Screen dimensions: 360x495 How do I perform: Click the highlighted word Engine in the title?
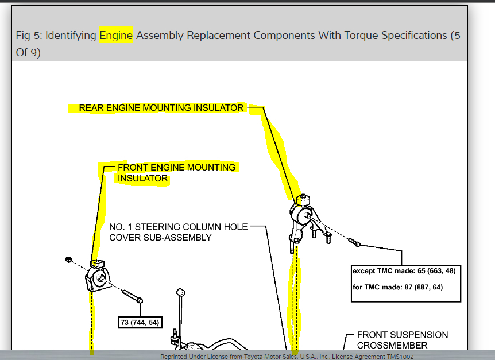click(116, 36)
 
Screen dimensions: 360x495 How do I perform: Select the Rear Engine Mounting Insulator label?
click(161, 108)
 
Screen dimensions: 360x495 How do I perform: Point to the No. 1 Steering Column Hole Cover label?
click(178, 232)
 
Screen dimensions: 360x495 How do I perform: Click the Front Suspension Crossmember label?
click(402, 340)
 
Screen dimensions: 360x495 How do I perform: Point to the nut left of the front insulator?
click(69, 260)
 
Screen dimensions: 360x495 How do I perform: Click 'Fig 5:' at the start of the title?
click(29, 36)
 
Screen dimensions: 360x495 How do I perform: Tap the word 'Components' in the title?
click(284, 36)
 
